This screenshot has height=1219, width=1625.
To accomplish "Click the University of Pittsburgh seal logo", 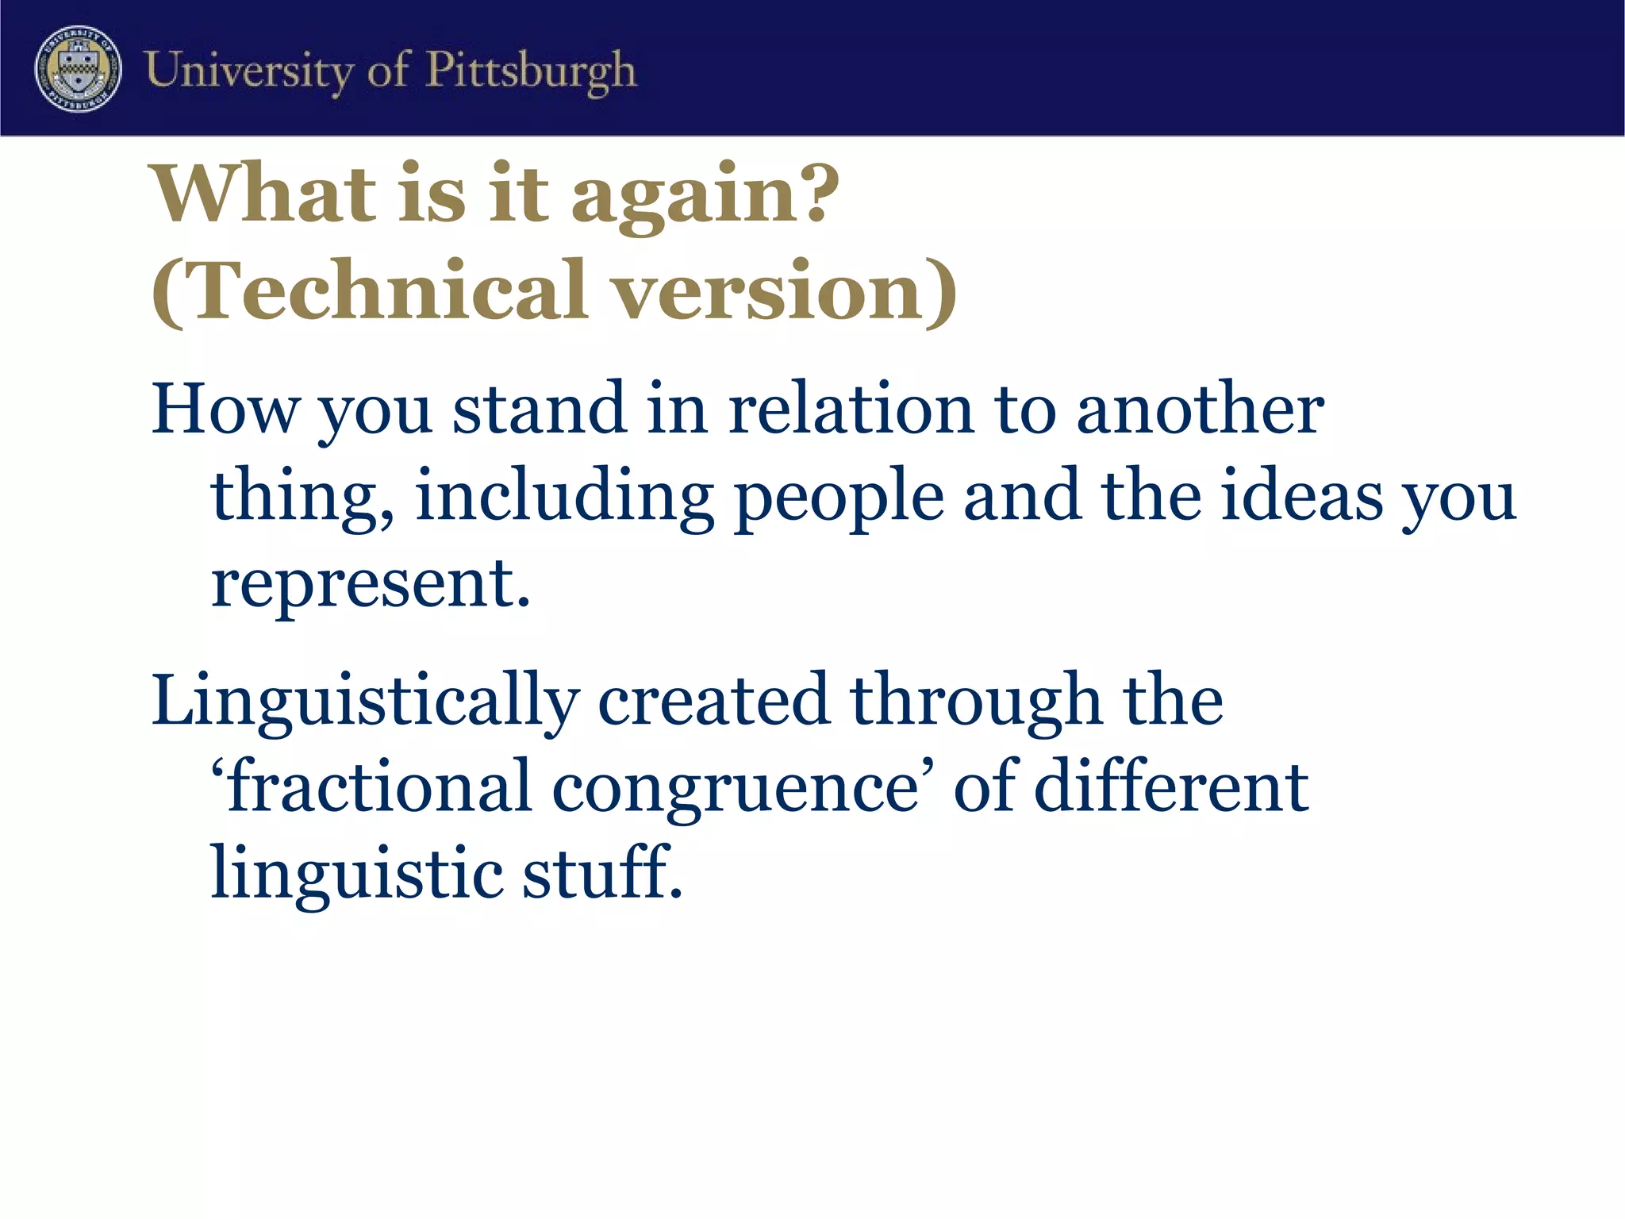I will [x=78, y=68].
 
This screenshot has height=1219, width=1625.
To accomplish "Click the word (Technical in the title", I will [x=370, y=291].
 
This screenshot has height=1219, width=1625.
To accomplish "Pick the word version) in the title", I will [x=786, y=291].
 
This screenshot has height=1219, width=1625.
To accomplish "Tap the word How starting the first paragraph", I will [x=225, y=410].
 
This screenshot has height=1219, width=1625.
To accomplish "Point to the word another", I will [x=1200, y=410].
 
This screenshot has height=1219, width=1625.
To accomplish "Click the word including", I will [x=563, y=498].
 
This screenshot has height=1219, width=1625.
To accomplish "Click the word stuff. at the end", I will [x=603, y=873].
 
